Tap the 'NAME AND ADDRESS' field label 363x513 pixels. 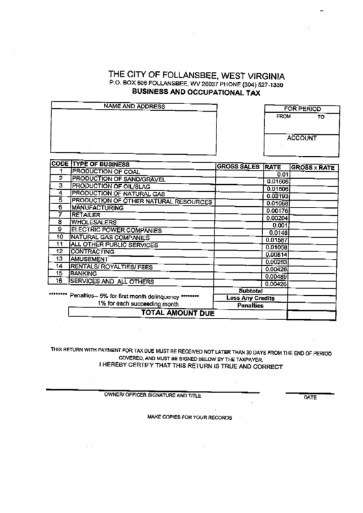click(134, 107)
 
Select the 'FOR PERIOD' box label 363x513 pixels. click(302, 109)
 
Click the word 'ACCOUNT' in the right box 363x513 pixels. click(301, 138)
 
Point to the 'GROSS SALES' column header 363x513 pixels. click(238, 166)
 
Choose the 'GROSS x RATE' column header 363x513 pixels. click(313, 167)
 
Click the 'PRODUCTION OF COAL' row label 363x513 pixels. click(105, 172)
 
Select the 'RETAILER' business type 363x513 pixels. click(86, 215)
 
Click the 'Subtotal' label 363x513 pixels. click(250, 290)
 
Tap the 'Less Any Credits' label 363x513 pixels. click(250, 298)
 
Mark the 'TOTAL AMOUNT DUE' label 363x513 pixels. click(177, 313)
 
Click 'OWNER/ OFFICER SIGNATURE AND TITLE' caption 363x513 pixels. click(152, 396)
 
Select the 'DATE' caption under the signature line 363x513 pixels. click(310, 397)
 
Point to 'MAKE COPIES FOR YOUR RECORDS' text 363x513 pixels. click(190, 417)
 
